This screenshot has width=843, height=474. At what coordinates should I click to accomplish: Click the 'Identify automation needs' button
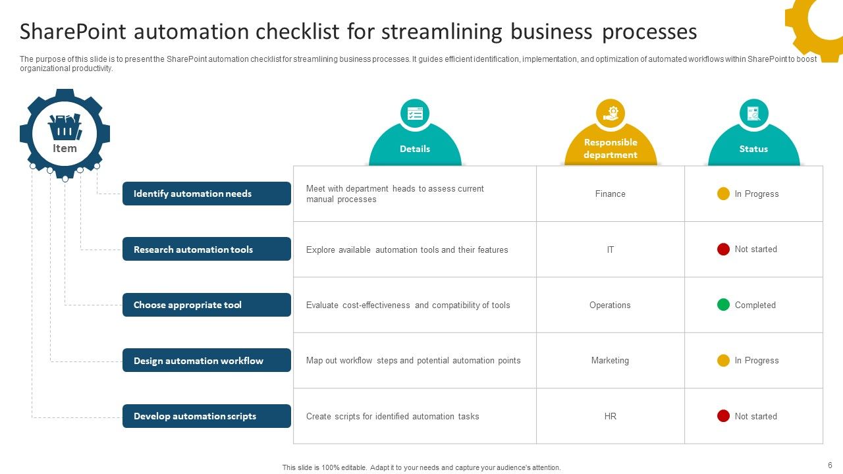(x=206, y=194)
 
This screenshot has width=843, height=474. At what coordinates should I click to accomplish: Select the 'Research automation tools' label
(x=206, y=250)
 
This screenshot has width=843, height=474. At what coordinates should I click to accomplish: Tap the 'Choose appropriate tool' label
(x=206, y=305)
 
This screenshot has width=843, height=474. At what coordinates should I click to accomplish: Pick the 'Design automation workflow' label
(x=206, y=361)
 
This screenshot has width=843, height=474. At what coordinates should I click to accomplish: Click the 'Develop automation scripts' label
(x=206, y=416)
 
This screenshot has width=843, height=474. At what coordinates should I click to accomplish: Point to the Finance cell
(x=610, y=194)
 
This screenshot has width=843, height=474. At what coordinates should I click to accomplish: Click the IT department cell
(x=610, y=250)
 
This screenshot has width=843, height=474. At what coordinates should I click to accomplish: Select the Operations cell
(x=610, y=305)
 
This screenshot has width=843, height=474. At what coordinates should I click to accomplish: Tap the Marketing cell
(x=610, y=361)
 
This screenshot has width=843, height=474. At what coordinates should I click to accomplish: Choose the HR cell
(x=610, y=416)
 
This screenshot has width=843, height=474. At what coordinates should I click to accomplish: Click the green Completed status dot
(x=723, y=305)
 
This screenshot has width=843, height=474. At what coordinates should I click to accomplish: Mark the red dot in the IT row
(x=723, y=249)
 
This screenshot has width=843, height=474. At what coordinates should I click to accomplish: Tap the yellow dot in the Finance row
(x=723, y=194)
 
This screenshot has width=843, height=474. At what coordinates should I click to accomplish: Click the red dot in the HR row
(x=723, y=416)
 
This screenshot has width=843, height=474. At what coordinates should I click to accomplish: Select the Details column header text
(x=415, y=149)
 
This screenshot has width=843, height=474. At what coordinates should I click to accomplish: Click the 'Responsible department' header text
(x=611, y=149)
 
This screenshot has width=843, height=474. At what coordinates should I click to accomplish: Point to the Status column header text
(x=753, y=149)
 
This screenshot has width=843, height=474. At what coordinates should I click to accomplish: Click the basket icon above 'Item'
(x=65, y=127)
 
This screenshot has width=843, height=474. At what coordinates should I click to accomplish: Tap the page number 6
(x=830, y=464)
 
